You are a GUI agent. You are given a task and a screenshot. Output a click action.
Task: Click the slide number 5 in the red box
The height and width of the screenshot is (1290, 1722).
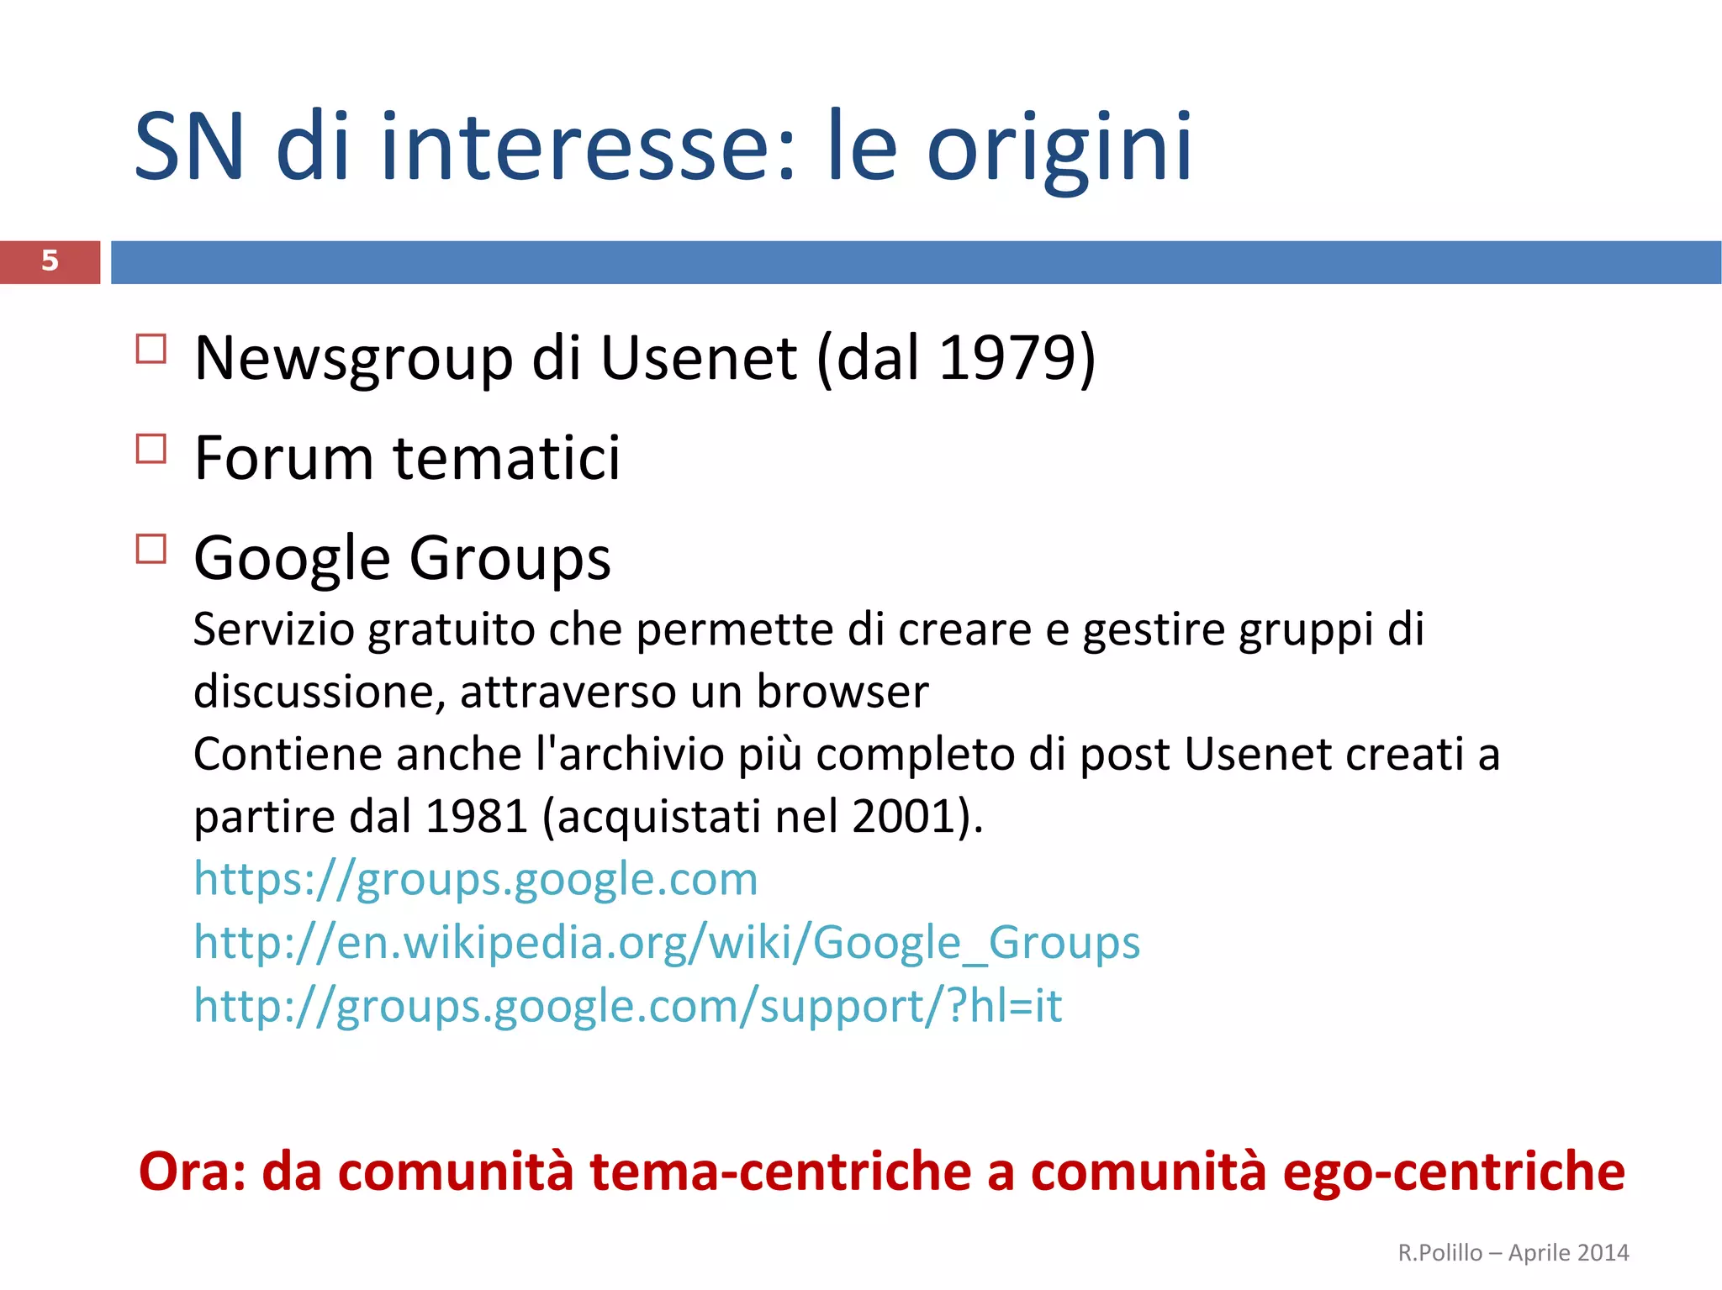[50, 261]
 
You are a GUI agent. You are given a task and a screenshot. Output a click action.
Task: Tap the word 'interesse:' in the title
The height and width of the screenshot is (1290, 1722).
[587, 148]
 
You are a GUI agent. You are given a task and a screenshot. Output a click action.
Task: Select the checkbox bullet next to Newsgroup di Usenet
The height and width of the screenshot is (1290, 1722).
[151, 349]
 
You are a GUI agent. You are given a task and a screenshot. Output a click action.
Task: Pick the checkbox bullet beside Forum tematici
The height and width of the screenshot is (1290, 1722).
[151, 449]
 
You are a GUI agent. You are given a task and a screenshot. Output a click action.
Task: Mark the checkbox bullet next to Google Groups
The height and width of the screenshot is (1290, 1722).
[151, 549]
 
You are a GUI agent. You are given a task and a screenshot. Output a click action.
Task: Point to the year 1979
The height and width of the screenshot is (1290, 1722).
[1005, 358]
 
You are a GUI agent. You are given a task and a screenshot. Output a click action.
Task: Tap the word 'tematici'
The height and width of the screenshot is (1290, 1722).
[506, 459]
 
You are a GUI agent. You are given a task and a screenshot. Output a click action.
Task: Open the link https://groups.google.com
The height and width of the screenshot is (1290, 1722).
[475, 879]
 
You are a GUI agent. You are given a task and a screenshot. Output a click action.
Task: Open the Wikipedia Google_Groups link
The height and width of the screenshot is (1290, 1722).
[666, 942]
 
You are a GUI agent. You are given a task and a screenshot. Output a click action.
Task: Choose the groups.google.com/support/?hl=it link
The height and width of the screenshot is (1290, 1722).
[627, 1005]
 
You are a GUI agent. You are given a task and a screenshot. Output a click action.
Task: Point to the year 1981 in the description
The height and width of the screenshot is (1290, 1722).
[477, 816]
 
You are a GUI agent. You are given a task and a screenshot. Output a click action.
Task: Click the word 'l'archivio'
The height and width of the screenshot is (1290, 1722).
[630, 754]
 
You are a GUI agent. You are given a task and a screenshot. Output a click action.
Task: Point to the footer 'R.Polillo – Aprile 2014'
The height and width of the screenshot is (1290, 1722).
[1513, 1252]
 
